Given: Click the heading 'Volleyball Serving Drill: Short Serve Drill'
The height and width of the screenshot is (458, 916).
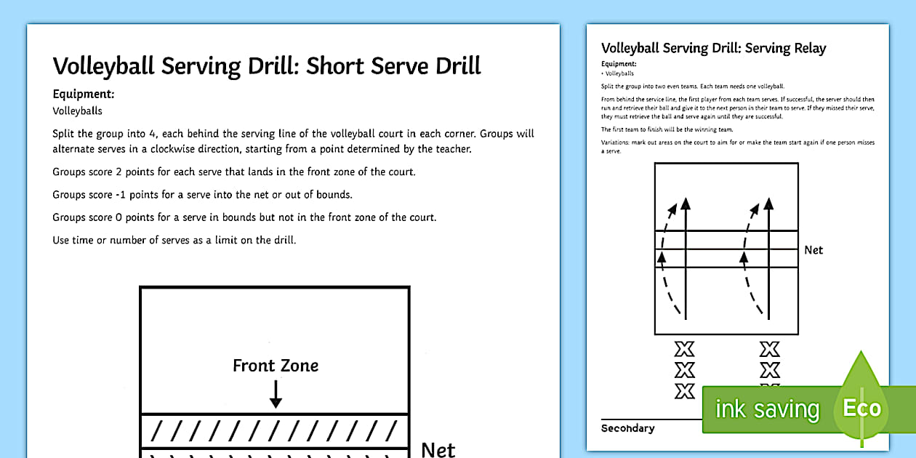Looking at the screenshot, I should tap(267, 66).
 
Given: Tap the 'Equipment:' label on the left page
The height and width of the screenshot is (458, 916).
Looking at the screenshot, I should tap(84, 94).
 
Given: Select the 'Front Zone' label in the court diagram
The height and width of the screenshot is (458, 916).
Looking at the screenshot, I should tap(276, 366).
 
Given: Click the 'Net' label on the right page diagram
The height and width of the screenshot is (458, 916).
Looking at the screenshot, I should tap(813, 250).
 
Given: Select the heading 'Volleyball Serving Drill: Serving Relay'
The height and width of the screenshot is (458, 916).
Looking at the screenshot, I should tap(714, 49).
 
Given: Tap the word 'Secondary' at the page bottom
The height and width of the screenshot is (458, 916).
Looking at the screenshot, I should tap(627, 428).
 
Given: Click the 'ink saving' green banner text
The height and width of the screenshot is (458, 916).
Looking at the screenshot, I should tap(767, 409).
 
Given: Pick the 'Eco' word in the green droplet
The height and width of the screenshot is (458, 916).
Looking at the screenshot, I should tap(861, 408).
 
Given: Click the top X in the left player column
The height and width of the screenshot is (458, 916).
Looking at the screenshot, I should tap(685, 350).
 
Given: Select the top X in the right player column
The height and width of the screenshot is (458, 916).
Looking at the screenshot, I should tap(769, 350).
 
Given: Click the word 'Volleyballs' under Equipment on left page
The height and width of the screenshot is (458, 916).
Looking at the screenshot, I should tap(77, 111).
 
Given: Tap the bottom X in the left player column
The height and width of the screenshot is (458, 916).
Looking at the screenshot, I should tap(685, 391).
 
